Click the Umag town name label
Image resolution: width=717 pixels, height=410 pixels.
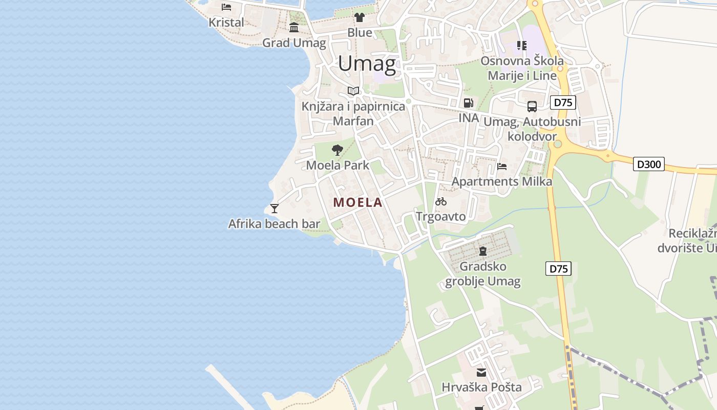pos(367,64)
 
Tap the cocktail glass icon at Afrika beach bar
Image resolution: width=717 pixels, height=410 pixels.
pos(275,208)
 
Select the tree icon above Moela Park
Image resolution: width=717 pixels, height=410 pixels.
pos(337,150)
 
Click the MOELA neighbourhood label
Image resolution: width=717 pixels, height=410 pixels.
pos(358,202)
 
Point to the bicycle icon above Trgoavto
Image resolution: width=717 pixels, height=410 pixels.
pos(441,201)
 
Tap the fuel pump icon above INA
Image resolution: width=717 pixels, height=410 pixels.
pos(468,103)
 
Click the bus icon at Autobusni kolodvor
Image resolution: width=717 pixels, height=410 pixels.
pos(532,107)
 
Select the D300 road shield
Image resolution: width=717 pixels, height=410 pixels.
pos(649,164)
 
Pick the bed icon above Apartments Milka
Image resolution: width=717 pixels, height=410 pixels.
pos(502,167)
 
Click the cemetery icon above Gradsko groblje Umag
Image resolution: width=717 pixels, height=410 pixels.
pos(482,251)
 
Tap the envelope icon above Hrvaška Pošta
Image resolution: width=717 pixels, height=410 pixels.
pos(481,373)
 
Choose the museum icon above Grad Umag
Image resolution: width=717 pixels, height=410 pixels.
pos(294,27)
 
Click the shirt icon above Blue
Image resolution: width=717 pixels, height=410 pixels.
pos(360,17)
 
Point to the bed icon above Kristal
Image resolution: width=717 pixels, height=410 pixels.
pos(226,7)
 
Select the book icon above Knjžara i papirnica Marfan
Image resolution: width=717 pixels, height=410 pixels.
pos(353,91)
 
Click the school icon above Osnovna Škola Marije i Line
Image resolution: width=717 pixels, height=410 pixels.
pos(521,46)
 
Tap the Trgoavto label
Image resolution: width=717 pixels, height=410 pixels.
pos(441,216)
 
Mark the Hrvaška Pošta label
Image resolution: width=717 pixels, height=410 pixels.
pos(481,387)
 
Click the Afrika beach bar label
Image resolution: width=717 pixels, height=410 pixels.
pos(274,223)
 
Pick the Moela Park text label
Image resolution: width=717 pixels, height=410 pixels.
pos(338,165)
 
